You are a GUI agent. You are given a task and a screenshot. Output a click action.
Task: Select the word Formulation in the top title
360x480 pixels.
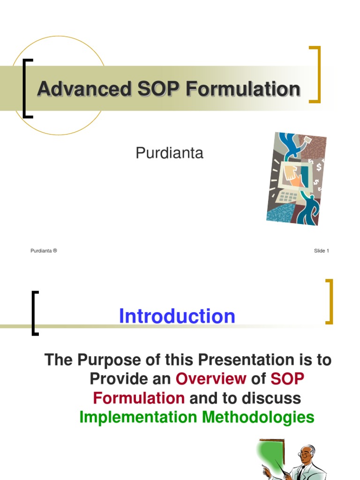click(x=243, y=89)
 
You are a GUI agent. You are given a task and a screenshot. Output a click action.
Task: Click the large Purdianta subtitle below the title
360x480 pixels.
click(x=169, y=153)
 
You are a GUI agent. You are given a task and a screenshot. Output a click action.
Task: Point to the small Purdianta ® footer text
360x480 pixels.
click(x=44, y=251)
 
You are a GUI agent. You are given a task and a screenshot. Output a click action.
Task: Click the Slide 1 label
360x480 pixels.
click(x=321, y=251)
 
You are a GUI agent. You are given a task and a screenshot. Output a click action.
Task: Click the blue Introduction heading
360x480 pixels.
click(x=177, y=316)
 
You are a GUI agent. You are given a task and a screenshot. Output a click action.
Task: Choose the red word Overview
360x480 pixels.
click(x=211, y=379)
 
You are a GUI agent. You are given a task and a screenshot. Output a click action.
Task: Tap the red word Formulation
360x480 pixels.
click(x=139, y=398)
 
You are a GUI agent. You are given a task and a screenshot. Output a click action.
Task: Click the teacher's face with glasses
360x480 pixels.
click(x=306, y=454)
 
